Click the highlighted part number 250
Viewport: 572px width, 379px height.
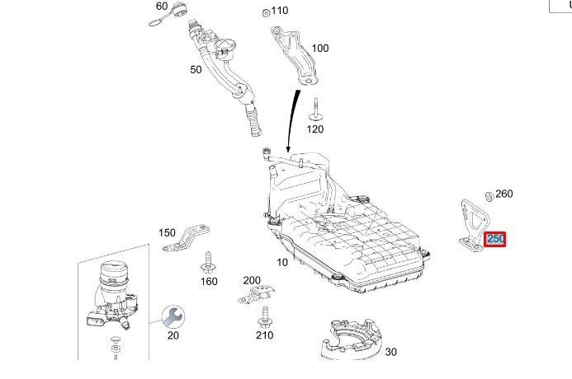(496, 239)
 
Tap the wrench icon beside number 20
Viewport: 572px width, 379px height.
(173, 315)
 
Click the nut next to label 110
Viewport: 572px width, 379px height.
(264, 12)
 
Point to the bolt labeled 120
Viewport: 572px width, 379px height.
(316, 110)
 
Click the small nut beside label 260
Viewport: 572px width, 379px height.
(488, 196)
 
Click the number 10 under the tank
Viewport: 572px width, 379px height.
(283, 262)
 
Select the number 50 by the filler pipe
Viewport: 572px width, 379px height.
(196, 70)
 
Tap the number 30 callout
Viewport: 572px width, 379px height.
(390, 352)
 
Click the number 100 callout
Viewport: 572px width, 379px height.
(319, 49)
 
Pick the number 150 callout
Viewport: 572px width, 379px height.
(167, 232)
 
